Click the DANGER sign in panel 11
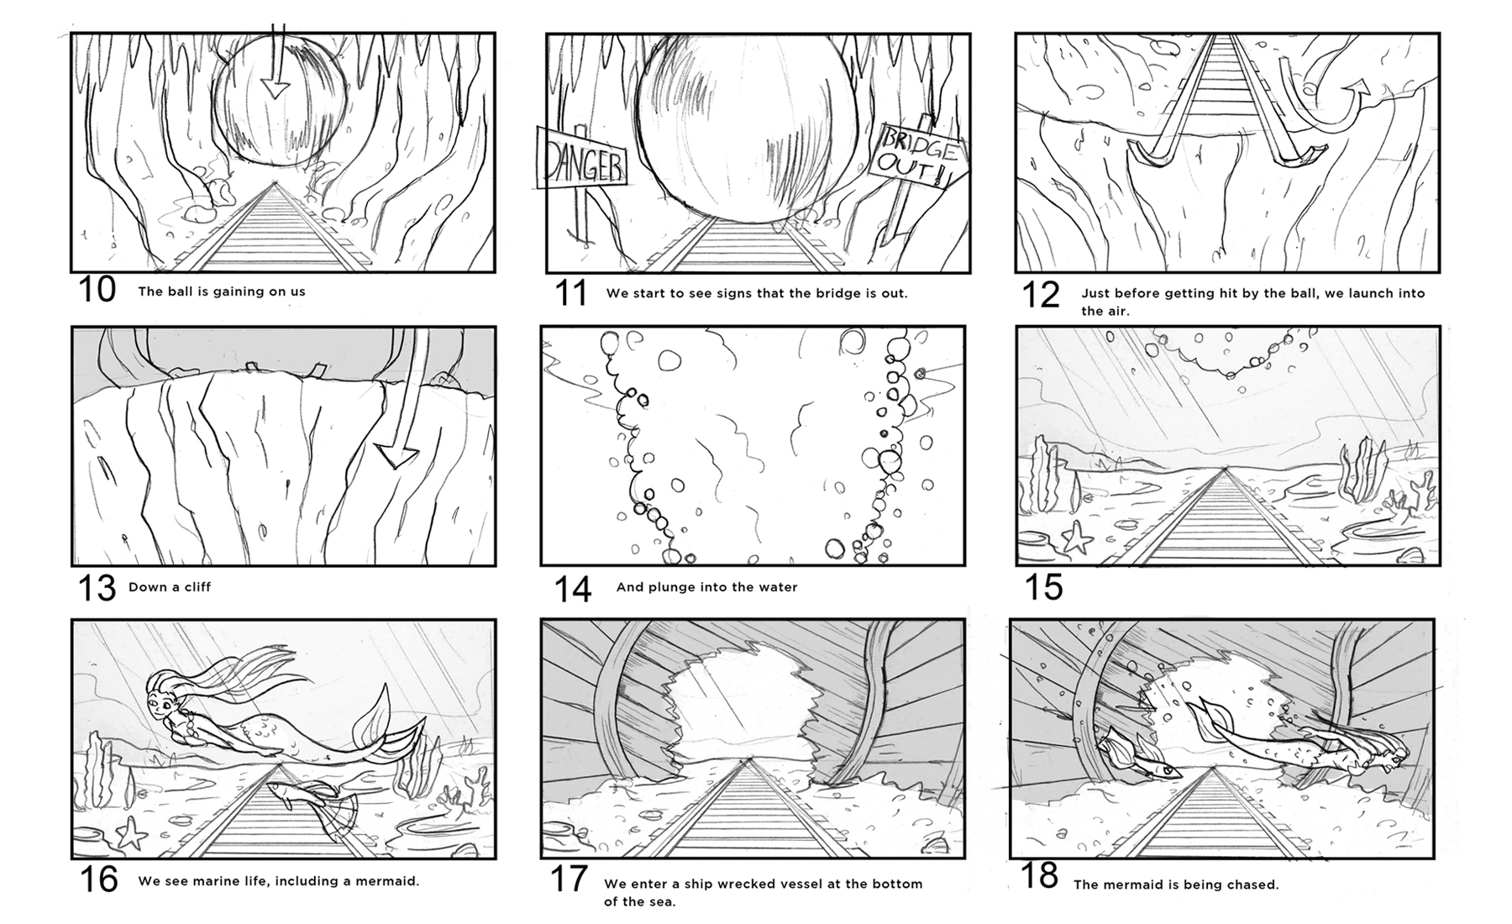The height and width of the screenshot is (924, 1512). pos(581,158)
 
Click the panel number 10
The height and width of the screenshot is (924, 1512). pos(97,291)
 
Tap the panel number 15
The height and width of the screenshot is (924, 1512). pos(1044,587)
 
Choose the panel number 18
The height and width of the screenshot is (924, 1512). pos(1039,876)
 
